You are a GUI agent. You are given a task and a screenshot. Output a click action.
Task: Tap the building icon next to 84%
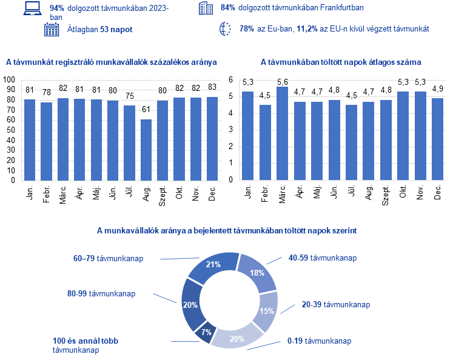(x=206, y=8)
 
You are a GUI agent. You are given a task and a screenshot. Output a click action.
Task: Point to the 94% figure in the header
(x=57, y=8)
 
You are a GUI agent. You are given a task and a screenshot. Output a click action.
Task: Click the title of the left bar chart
(x=112, y=62)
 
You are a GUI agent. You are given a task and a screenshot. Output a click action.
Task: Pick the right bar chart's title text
(x=341, y=62)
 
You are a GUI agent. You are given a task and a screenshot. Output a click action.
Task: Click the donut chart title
(x=227, y=230)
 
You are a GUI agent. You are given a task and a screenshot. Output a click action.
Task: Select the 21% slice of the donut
(x=213, y=264)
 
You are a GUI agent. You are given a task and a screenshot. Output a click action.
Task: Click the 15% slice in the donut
(x=266, y=310)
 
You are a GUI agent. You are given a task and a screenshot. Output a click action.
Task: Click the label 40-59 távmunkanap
(x=322, y=258)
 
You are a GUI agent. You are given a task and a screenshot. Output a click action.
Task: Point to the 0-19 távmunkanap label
(x=319, y=341)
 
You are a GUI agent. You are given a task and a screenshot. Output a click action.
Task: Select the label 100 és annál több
(x=84, y=342)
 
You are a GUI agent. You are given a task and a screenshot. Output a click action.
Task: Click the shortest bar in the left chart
(x=146, y=150)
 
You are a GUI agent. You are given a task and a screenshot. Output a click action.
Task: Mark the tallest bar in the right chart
(x=282, y=133)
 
